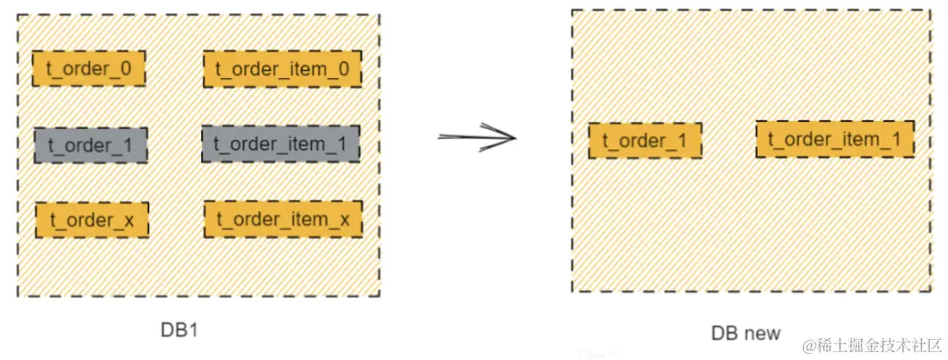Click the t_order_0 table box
click(89, 68)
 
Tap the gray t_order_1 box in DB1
click(90, 145)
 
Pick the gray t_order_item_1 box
click(281, 143)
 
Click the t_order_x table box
click(92, 220)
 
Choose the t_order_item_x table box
click(283, 219)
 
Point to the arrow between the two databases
click(477, 137)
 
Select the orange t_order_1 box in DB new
click(645, 140)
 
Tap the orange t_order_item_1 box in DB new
click(835, 139)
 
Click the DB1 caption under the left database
click(178, 330)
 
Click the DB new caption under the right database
click(745, 335)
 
